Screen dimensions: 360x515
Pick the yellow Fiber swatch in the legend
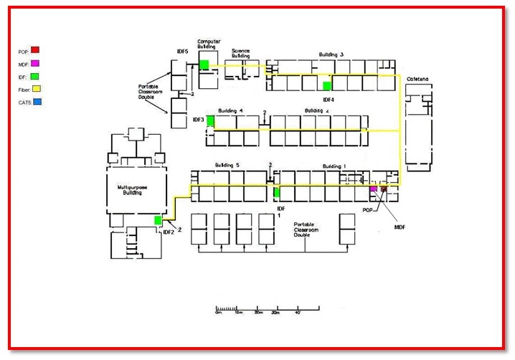click(x=36, y=90)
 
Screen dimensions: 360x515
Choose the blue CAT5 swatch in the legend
click(x=36, y=103)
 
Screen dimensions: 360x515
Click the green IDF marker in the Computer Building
click(x=204, y=65)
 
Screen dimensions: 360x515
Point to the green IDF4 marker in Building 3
click(x=327, y=85)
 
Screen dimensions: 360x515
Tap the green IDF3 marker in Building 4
click(x=211, y=120)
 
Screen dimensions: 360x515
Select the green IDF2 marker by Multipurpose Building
click(x=159, y=219)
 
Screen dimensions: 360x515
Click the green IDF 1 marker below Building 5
click(x=276, y=192)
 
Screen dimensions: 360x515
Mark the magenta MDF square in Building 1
click(x=373, y=189)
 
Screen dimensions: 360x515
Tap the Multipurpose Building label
click(x=133, y=189)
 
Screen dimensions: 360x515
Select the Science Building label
click(x=241, y=53)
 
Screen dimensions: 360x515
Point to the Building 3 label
click(x=331, y=55)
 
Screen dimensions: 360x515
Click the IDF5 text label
click(x=182, y=52)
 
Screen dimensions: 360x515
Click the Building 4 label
click(x=231, y=110)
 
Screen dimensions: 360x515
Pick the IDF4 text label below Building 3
click(x=329, y=99)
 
